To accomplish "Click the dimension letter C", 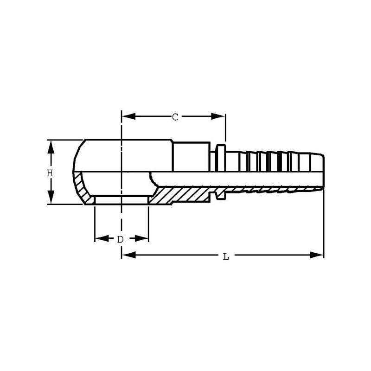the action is point(175,117).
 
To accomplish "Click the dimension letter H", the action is point(50,173).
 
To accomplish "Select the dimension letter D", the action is point(121,239).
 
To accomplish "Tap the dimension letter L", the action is point(226,256).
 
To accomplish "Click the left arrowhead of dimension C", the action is point(128,116).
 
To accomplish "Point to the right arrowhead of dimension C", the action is point(218,116).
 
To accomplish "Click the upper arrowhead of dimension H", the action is point(51,147).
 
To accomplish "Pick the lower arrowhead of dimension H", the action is point(51,197).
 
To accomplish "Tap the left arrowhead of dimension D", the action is point(102,238).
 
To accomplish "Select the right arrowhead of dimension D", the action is point(141,238).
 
